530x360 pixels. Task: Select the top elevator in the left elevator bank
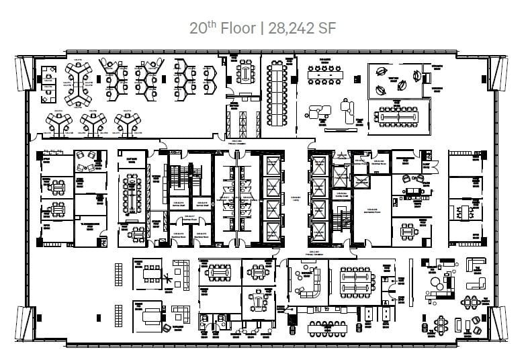pyautogui.click(x=272, y=165)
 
